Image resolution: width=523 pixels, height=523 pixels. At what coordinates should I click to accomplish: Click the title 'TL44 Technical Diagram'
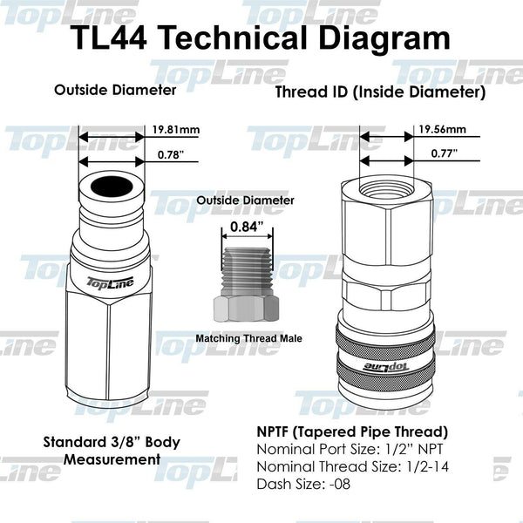pos(261,38)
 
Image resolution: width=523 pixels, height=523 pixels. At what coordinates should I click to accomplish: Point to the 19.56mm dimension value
pos(442,130)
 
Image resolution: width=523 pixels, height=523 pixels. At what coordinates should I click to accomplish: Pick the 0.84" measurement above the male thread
pos(246,228)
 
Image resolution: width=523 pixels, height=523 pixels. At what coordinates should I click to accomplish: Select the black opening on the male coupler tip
pos(111,186)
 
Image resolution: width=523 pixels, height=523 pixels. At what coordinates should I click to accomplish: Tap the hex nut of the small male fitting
pos(247,308)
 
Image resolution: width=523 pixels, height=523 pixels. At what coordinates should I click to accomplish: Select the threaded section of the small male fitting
pos(247,271)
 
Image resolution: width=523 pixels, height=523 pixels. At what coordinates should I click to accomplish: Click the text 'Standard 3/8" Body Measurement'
pos(112,451)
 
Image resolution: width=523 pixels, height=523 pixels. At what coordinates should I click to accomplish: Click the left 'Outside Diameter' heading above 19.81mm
pos(115,90)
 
